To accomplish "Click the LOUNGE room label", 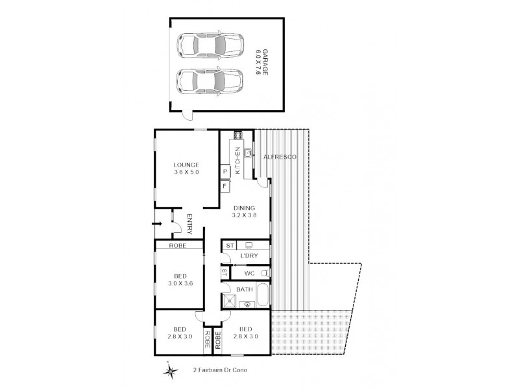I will click(186, 168).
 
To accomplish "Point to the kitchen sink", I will click(247, 154).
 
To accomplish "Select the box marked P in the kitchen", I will click(224, 171).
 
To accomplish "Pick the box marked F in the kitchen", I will click(224, 187).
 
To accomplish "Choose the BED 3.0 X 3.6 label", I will click(180, 279).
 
